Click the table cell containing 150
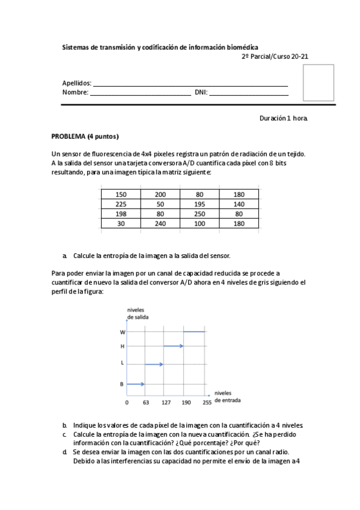121,195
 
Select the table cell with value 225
121,204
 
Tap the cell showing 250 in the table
200,214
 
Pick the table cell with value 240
160,224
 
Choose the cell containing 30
121,224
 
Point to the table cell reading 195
200,204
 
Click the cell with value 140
239,204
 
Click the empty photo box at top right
318,83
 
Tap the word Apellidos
76,83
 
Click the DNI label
201,93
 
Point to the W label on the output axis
123,332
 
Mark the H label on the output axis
123,346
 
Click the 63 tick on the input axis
146,402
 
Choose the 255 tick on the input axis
207,402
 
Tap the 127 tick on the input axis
166,402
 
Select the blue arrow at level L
154,364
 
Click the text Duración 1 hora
284,118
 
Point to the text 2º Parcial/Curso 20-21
275,57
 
